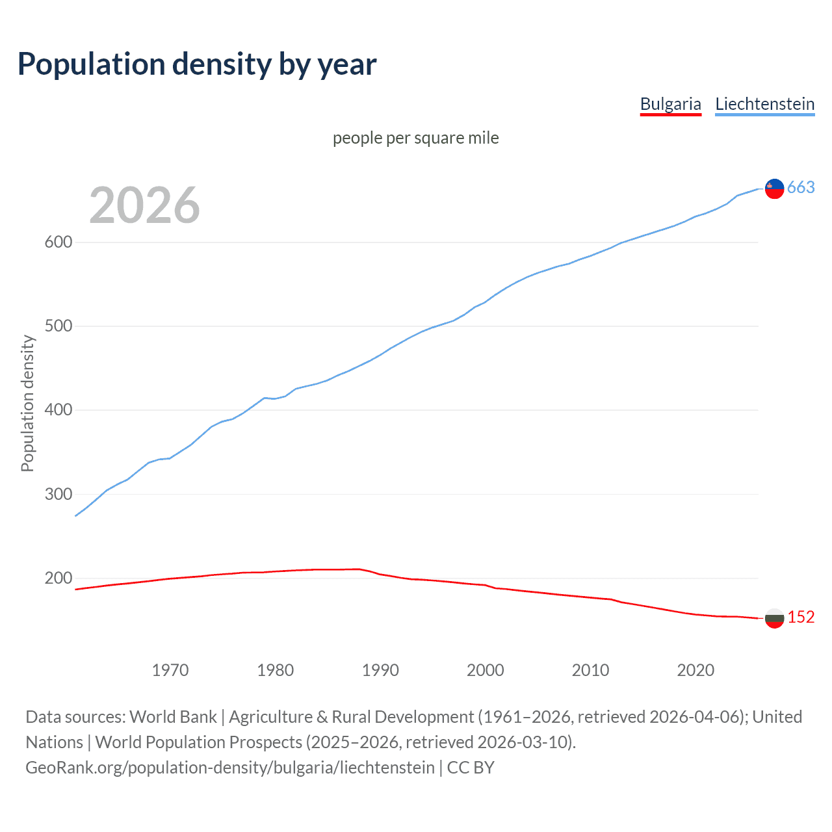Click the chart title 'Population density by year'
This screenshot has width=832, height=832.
(x=197, y=64)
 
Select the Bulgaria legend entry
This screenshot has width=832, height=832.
(x=670, y=104)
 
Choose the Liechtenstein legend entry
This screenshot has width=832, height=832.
(x=764, y=104)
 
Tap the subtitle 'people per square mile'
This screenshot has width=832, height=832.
(x=415, y=138)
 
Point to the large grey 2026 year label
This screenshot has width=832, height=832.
(x=144, y=205)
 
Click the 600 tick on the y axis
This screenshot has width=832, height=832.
(x=58, y=242)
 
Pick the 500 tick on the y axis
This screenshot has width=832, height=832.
(x=58, y=326)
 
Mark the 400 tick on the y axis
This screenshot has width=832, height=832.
(x=58, y=410)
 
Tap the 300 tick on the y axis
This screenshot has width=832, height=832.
(x=58, y=494)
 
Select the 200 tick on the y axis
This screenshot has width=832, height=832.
(x=58, y=578)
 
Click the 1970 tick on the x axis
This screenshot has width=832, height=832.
(x=170, y=669)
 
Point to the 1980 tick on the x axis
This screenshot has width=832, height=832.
(x=276, y=669)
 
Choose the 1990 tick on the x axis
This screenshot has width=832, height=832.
(x=380, y=669)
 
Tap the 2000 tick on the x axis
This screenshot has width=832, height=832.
(x=486, y=669)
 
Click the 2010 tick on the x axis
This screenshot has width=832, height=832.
(x=590, y=669)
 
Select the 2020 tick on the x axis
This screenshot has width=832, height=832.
(x=695, y=669)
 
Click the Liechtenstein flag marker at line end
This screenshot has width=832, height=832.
(x=774, y=188)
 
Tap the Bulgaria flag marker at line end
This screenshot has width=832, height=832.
(x=774, y=618)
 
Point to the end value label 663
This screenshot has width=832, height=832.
(x=801, y=188)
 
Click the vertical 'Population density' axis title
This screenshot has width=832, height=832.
(x=27, y=403)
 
